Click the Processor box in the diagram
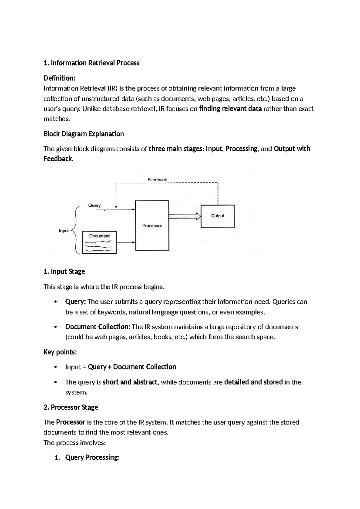[152, 225]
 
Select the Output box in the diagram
[217, 216]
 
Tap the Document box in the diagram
[99, 242]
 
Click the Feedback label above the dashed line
[157, 179]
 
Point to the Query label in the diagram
[94, 205]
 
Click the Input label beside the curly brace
[64, 230]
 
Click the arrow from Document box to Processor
[126, 242]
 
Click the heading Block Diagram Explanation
[84, 134]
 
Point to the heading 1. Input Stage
[64, 271]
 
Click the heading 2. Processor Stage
[71, 407]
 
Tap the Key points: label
[60, 352]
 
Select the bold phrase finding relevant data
[230, 109]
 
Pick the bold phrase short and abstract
[130, 382]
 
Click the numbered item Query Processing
[92, 457]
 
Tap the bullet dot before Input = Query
[55, 367]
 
